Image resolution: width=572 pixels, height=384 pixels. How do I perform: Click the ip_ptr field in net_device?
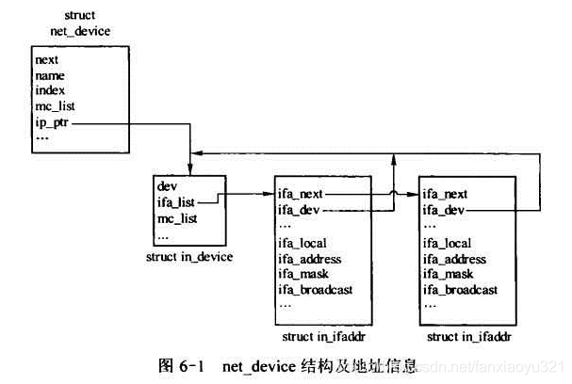(51, 121)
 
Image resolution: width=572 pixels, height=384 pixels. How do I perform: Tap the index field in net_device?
(50, 90)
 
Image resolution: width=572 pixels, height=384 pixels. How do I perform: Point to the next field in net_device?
(47, 59)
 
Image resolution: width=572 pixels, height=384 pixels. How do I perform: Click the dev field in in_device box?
(167, 186)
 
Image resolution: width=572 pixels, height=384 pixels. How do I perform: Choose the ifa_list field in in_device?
(176, 201)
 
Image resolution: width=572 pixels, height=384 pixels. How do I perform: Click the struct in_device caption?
(188, 255)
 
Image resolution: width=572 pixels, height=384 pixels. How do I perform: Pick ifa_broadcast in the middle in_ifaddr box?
(315, 289)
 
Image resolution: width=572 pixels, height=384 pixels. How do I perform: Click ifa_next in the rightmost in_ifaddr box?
(445, 193)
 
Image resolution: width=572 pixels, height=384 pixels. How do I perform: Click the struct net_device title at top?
(80, 24)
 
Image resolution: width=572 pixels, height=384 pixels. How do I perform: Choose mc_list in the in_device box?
(177, 217)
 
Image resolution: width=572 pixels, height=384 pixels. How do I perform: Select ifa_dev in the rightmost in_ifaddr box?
(443, 209)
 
